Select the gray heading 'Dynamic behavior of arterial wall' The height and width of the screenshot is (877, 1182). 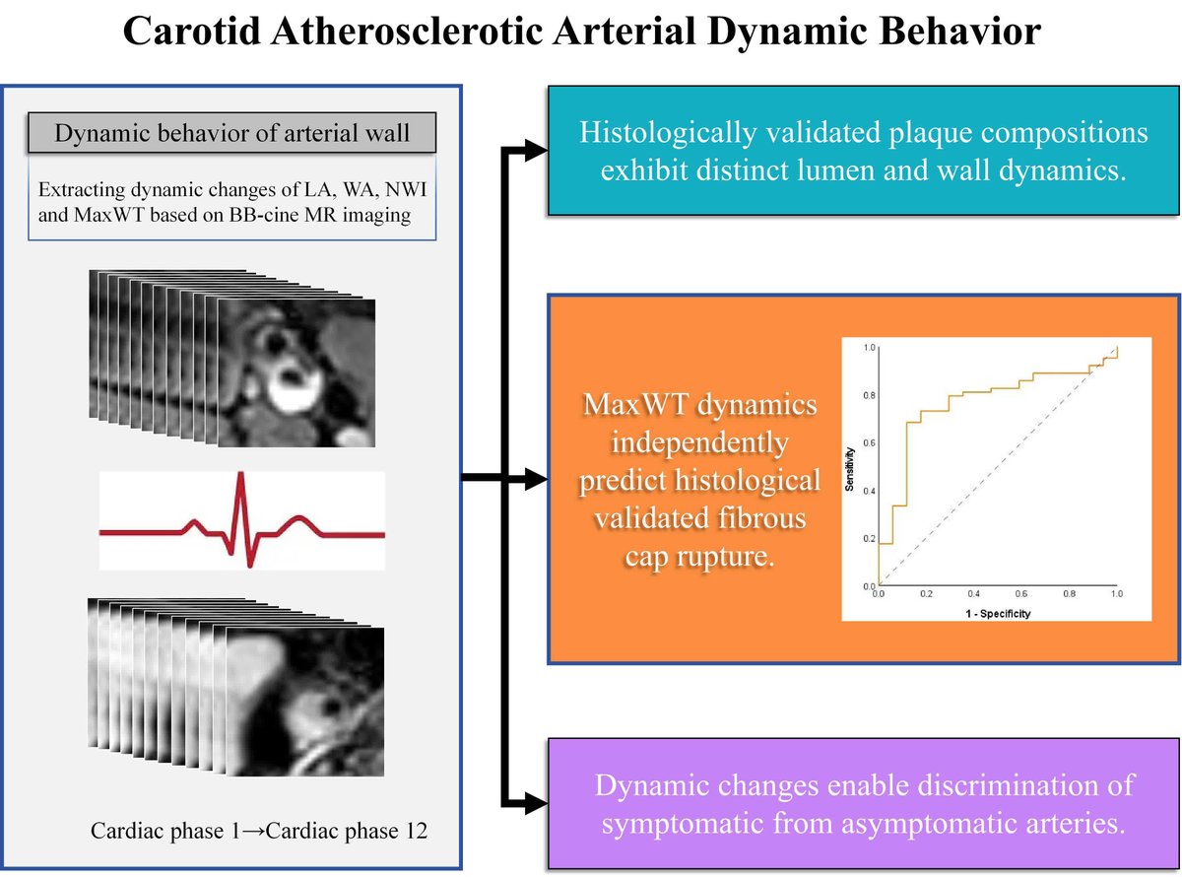point(233,132)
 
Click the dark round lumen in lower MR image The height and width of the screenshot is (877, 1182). point(331,708)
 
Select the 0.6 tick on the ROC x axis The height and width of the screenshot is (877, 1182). point(1020,596)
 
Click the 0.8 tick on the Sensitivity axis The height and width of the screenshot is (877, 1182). point(868,395)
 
